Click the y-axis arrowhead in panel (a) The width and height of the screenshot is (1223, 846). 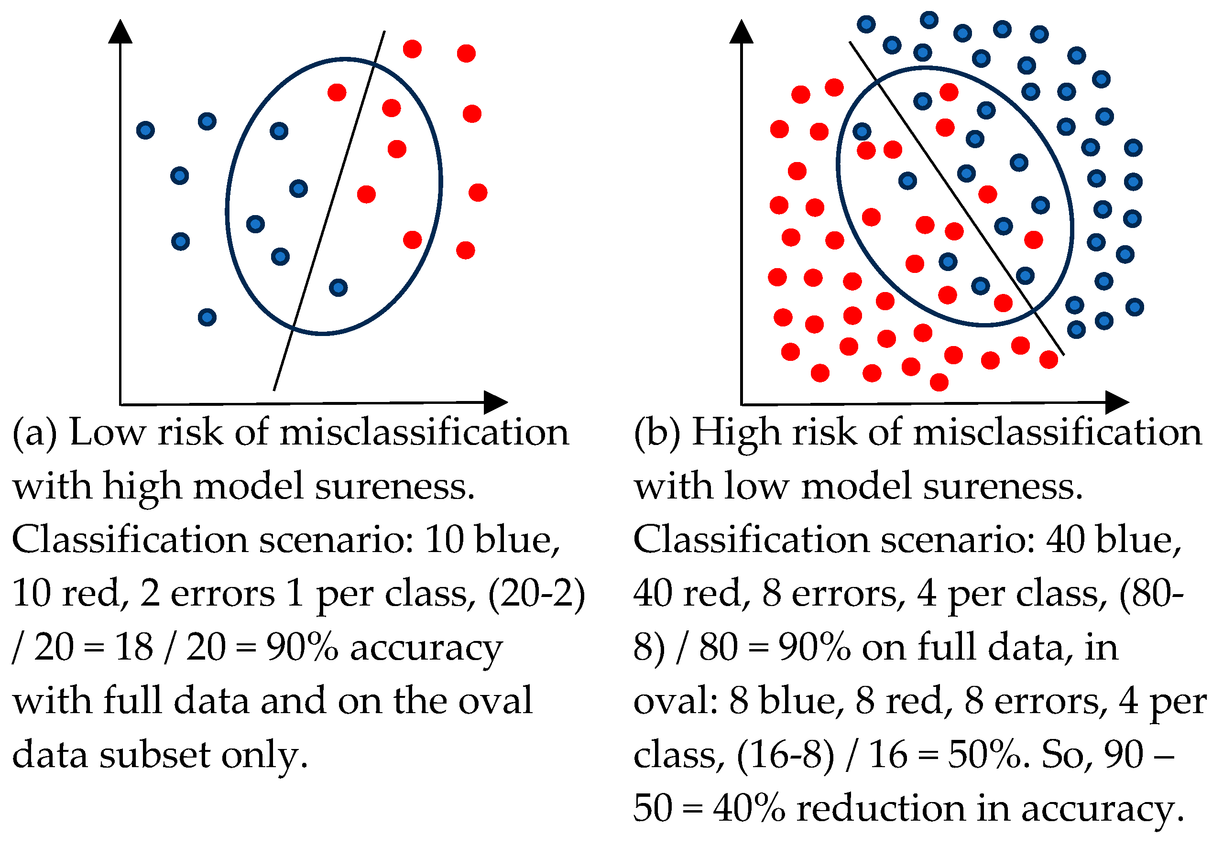click(120, 32)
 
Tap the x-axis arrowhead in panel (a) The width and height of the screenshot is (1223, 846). click(495, 402)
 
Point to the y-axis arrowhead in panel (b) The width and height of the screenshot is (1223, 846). click(741, 32)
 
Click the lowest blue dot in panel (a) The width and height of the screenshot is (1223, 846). click(207, 317)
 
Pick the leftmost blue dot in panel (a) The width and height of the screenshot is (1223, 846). click(145, 130)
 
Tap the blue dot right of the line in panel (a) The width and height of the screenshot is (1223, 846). click(338, 288)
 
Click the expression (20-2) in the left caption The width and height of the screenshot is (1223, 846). click(535, 594)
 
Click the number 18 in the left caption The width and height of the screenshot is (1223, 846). click(135, 648)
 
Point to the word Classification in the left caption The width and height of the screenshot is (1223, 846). click(130, 540)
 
